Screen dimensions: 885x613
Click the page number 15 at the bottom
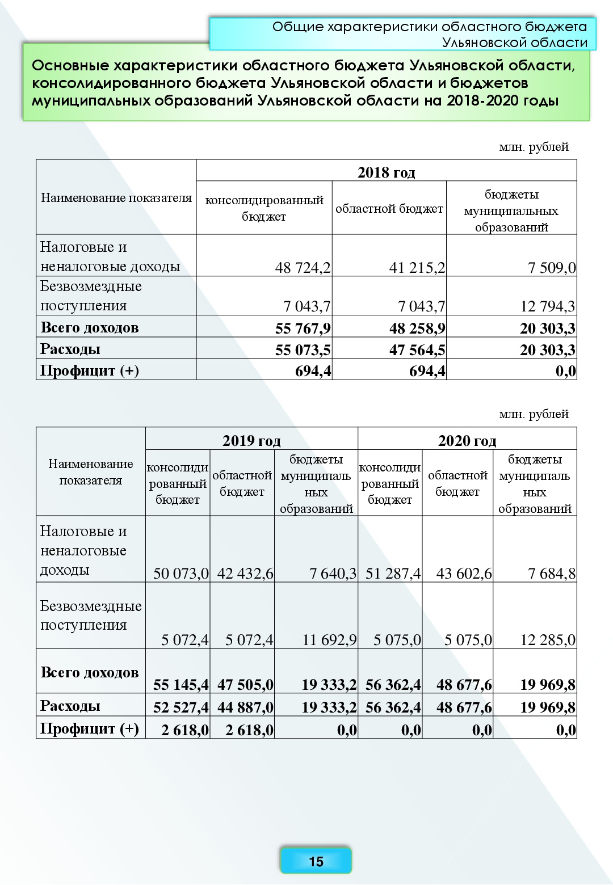coord(316,861)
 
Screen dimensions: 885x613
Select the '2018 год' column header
coord(386,172)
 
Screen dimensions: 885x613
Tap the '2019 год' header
coord(251,441)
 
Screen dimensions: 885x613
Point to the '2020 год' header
coord(467,441)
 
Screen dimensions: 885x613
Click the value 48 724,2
coord(303,267)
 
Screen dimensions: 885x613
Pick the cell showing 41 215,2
coord(417,267)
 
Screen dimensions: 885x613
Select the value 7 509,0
coord(551,267)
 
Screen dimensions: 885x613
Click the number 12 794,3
coord(547,306)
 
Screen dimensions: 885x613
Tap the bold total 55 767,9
coord(303,328)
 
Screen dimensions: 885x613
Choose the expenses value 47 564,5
coord(417,350)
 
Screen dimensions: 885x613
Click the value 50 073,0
coord(180,574)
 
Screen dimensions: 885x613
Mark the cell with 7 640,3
coord(333,574)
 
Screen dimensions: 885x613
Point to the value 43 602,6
coord(464,574)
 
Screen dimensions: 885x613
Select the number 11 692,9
coord(329,640)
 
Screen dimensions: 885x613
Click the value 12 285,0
coord(548,640)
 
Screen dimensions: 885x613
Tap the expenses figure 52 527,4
coord(180,707)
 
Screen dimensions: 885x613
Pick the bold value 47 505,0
coord(245,685)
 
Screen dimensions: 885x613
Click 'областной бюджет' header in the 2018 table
coord(389,209)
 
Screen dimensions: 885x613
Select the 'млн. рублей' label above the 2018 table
coord(534,147)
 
